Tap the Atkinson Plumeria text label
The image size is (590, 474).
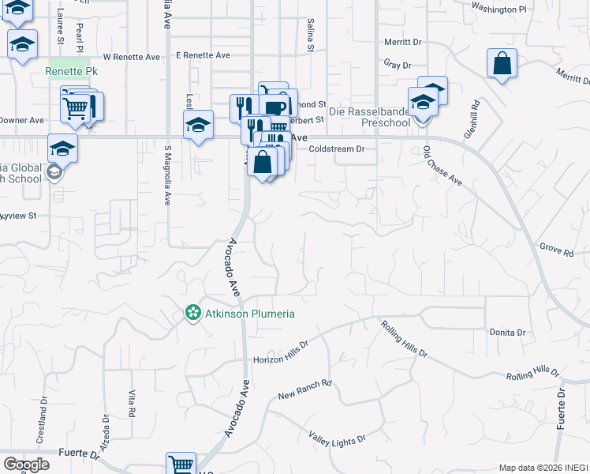pos(248,314)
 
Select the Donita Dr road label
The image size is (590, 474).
pos(506,333)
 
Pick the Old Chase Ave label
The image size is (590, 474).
pos(442,166)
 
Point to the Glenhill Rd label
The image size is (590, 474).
pos(472,119)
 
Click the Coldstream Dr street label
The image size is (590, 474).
pos(337,149)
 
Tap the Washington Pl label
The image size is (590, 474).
pos(498,9)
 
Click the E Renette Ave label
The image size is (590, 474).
pos(203,55)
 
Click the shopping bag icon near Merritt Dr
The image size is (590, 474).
pos(502,62)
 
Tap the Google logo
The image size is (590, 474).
pos(26,465)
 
